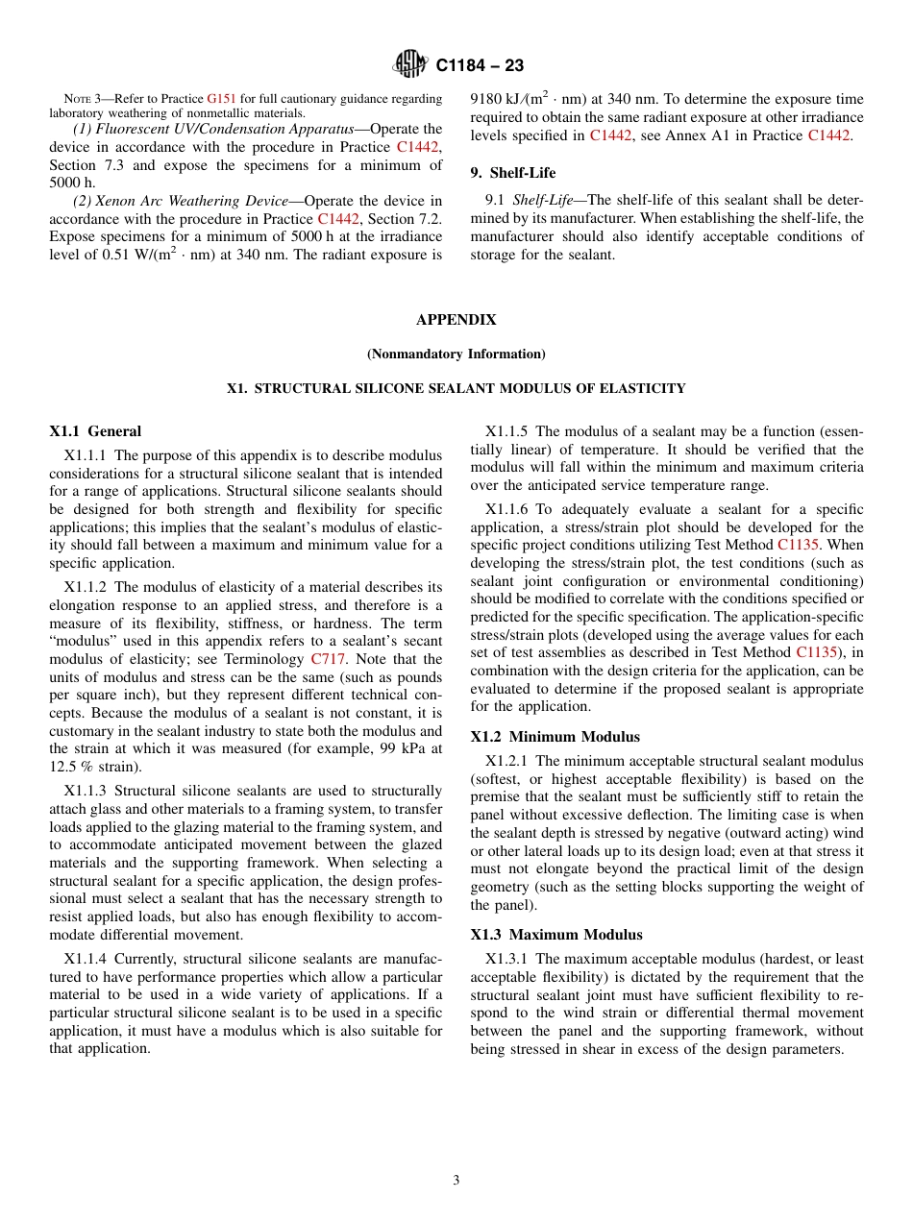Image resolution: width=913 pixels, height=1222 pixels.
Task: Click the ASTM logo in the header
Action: click(x=410, y=65)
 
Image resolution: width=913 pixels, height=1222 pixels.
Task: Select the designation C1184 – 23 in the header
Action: click(x=480, y=66)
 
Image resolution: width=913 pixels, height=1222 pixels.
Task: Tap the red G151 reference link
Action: click(x=219, y=99)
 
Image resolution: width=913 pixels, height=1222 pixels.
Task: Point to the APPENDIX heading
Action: click(x=456, y=320)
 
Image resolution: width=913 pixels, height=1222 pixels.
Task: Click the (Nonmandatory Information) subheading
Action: click(x=456, y=354)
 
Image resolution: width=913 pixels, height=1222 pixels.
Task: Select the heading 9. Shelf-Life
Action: click(x=512, y=173)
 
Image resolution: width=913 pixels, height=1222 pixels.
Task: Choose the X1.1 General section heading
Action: click(x=95, y=431)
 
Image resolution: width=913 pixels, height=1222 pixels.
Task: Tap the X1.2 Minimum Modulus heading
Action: click(x=555, y=737)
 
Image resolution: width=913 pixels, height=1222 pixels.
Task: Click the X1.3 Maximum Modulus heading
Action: click(x=556, y=935)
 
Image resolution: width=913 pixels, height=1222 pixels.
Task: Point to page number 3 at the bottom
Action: click(x=456, y=1180)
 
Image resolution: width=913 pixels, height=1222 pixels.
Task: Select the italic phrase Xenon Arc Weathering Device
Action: click(x=191, y=201)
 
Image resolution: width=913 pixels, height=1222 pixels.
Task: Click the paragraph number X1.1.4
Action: click(x=86, y=959)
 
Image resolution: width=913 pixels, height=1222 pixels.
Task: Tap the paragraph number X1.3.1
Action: click(x=506, y=959)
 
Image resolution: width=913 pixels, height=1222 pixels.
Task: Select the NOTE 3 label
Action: click(x=85, y=99)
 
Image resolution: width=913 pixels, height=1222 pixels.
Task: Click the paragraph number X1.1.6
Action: click(x=506, y=509)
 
